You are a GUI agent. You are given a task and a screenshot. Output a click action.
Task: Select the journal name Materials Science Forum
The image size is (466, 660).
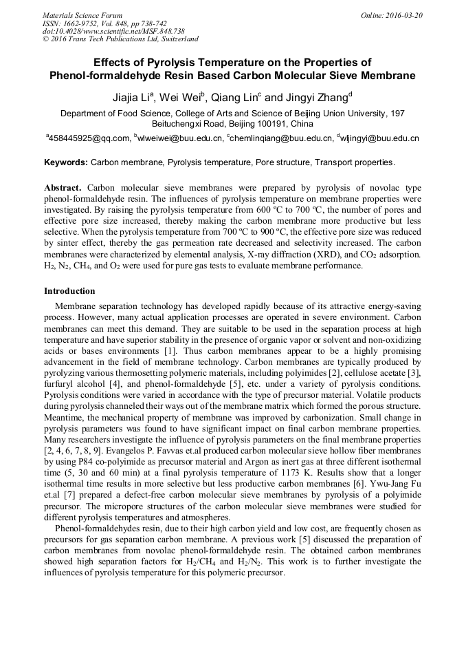click(x=82, y=15)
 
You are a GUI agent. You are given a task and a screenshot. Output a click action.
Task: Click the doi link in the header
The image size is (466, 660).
click(x=113, y=31)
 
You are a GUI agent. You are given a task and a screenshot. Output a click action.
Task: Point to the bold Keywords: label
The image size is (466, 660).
click(x=66, y=163)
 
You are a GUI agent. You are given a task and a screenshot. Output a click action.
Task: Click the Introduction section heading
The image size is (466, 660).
click(x=69, y=291)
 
